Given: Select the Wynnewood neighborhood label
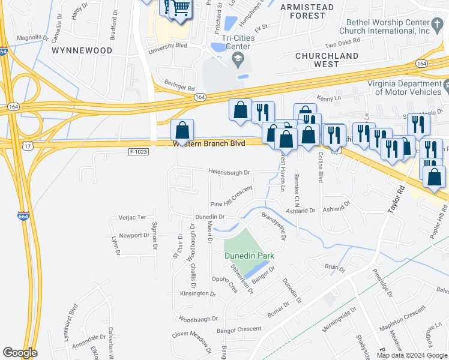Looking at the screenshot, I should point(82,50).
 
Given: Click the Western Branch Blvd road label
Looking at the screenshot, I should point(209,144).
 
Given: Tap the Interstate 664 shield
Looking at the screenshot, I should point(23,216).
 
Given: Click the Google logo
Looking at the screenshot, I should point(19,353).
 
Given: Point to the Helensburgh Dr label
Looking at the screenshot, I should point(229,172).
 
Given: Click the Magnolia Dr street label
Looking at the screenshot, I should point(32,37).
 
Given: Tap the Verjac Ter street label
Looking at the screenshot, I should point(132,217).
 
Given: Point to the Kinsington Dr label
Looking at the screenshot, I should point(197,294).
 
